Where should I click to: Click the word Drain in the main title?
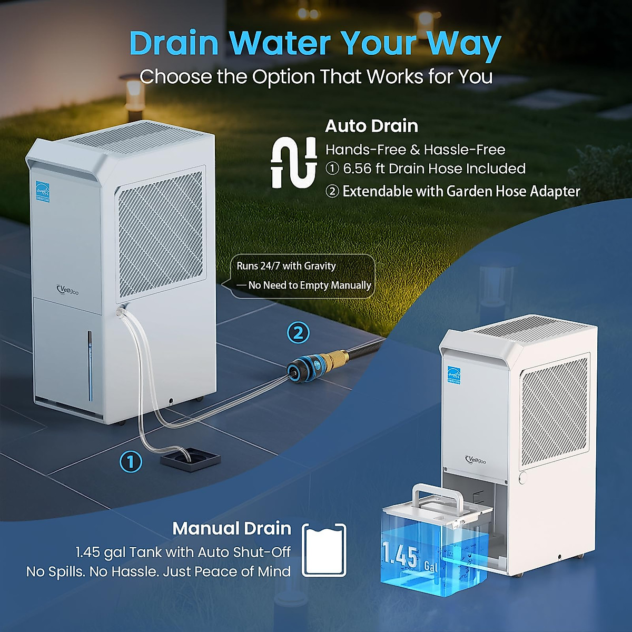[x=174, y=43]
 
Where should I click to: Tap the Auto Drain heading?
[x=371, y=126]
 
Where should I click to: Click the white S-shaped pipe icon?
[x=294, y=163]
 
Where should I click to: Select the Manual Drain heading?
[x=232, y=528]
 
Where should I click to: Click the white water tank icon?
[x=324, y=550]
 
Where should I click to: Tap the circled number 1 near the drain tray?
[x=131, y=462]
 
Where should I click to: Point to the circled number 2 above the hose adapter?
[x=298, y=333]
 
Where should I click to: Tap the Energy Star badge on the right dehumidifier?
[x=453, y=374]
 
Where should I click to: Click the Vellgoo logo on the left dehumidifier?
[x=67, y=290]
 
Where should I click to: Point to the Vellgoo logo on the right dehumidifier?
[x=476, y=460]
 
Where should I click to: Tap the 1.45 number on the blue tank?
[x=400, y=556]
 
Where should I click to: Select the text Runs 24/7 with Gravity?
[x=286, y=266]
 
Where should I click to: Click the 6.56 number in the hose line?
[x=357, y=169]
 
